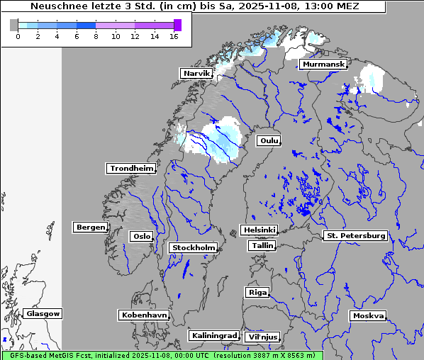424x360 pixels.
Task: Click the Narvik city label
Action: click(x=196, y=73)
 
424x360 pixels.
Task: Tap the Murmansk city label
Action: click(x=323, y=64)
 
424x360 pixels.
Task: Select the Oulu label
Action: click(x=268, y=140)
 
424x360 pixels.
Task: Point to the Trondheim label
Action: click(x=131, y=168)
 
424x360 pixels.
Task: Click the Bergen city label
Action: click(x=89, y=227)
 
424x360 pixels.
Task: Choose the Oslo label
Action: click(x=141, y=236)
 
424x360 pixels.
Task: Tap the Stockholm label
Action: click(x=193, y=247)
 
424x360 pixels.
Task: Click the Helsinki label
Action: click(x=259, y=230)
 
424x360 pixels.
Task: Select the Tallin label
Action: click(x=262, y=245)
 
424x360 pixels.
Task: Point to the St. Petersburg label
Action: click(x=355, y=235)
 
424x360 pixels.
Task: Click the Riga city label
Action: click(x=257, y=292)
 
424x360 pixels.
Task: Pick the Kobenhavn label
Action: click(x=144, y=314)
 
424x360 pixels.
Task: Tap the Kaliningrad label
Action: click(x=213, y=335)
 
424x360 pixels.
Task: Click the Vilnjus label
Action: click(x=262, y=337)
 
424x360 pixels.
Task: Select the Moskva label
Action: click(x=368, y=315)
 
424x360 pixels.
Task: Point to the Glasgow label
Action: click(x=43, y=313)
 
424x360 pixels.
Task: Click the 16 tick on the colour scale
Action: click(x=174, y=35)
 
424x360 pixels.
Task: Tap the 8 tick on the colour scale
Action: click(x=96, y=35)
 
